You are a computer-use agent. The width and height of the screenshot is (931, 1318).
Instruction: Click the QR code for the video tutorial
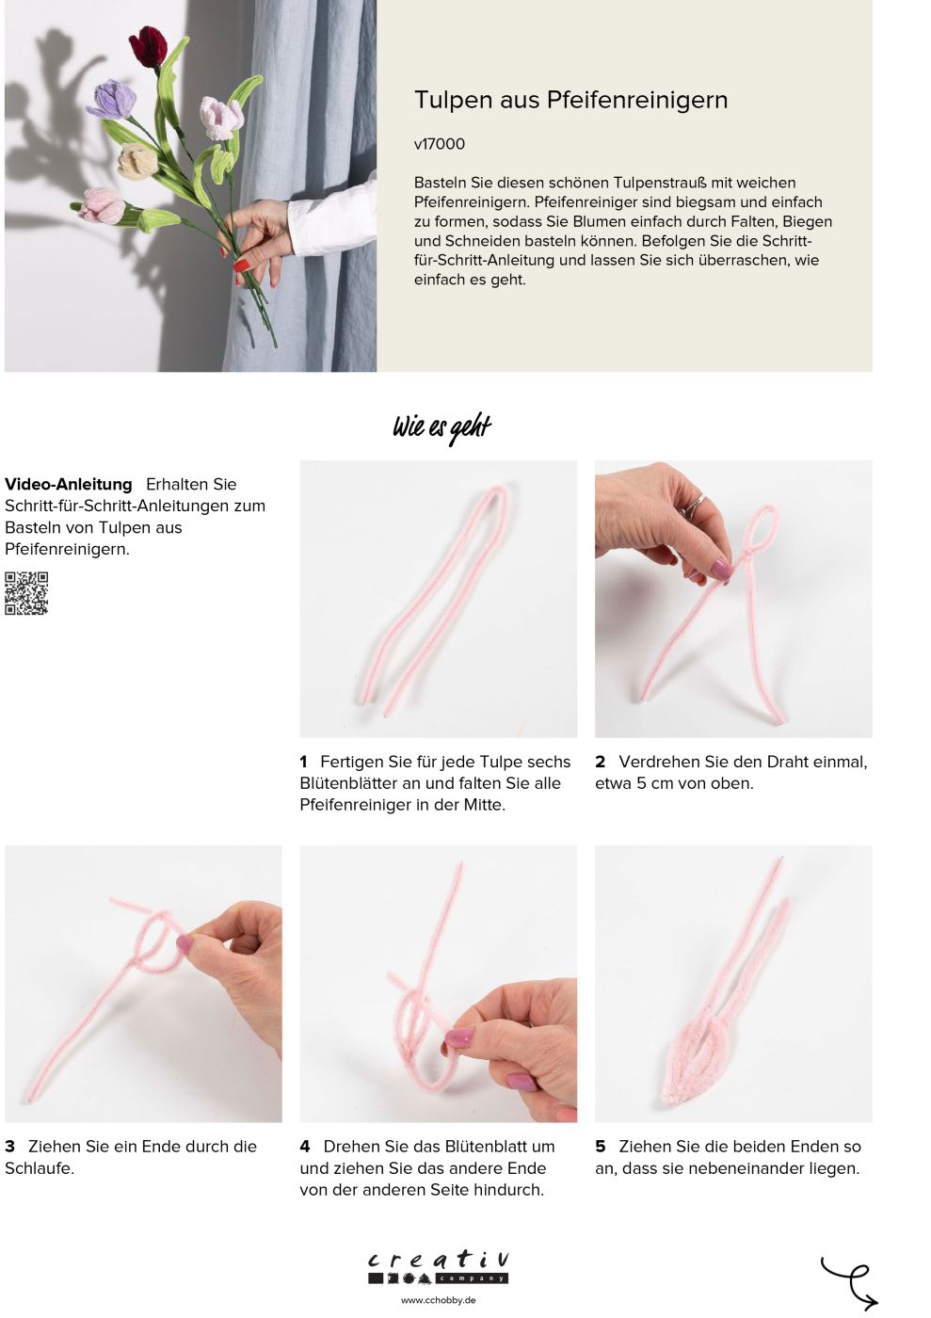coord(26,593)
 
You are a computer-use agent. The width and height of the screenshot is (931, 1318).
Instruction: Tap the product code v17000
coord(439,144)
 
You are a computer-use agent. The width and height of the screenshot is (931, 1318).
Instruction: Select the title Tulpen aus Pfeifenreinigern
coord(570,100)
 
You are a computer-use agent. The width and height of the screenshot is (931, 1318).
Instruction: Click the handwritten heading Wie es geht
coord(441,427)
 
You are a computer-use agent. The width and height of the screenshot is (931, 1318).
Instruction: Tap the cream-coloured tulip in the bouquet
coord(137,161)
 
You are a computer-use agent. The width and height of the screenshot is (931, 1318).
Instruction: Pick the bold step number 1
coord(304,762)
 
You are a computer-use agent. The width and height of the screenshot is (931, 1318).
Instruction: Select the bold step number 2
coord(600,762)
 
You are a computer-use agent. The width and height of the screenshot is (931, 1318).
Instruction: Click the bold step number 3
coord(10,1147)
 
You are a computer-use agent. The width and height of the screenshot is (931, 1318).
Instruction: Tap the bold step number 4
coord(305,1147)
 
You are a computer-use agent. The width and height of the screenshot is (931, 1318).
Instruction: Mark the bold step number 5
coord(601,1147)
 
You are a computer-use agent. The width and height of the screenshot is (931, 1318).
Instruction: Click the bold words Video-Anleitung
coord(69,484)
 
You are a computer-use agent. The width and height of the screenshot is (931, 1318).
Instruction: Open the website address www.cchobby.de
coord(439,1300)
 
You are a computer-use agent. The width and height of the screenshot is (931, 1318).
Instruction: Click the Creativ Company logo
coord(439,1267)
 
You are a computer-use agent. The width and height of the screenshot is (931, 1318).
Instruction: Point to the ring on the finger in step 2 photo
coord(693,505)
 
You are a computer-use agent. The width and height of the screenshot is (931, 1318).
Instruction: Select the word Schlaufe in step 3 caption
coord(38,1168)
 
